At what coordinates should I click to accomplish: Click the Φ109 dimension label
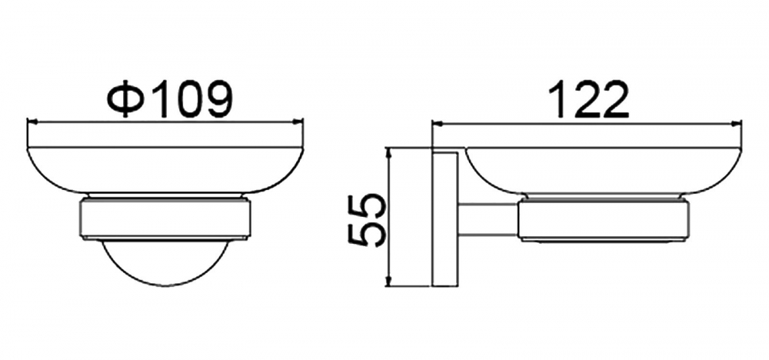[169, 100]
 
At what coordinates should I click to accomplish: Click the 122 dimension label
[589, 100]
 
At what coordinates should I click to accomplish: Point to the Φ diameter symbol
[126, 100]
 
